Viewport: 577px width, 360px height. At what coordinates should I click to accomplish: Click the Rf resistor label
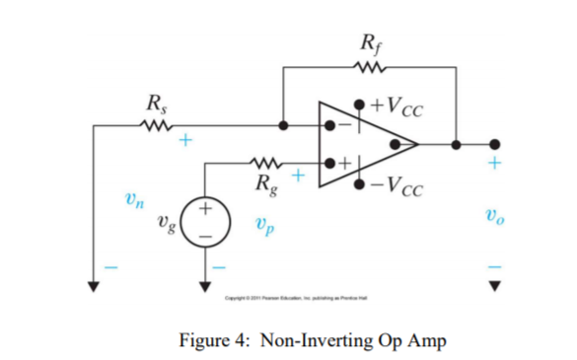pyautogui.click(x=369, y=43)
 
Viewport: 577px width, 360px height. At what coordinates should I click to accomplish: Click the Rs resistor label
pyautogui.click(x=155, y=102)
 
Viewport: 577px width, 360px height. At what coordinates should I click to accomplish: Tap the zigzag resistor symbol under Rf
pyautogui.click(x=370, y=69)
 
